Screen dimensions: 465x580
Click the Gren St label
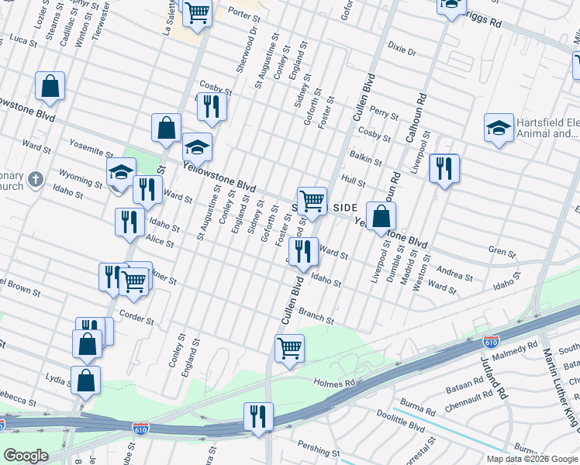point(502,252)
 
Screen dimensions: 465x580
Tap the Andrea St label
point(454,273)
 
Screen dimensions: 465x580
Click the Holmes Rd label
point(334,382)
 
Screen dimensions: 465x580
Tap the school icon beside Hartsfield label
point(499,129)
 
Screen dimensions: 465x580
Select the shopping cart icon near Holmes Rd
point(290,348)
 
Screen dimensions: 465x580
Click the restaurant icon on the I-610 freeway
point(258,416)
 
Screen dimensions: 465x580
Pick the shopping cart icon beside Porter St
point(197,12)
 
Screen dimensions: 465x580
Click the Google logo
point(26,456)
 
